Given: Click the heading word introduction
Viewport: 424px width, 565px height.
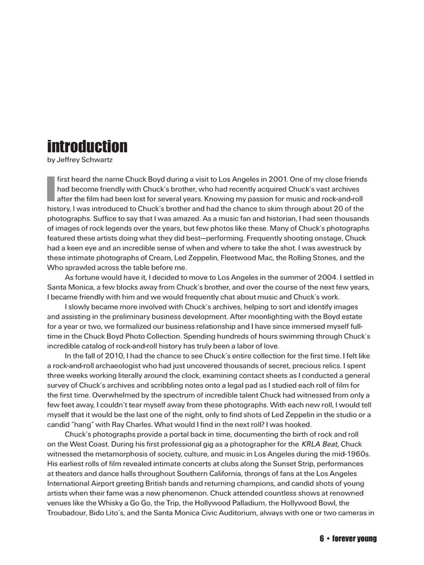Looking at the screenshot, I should [x=87, y=146].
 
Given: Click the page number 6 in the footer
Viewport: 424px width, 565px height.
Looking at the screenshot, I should [x=322, y=539].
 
